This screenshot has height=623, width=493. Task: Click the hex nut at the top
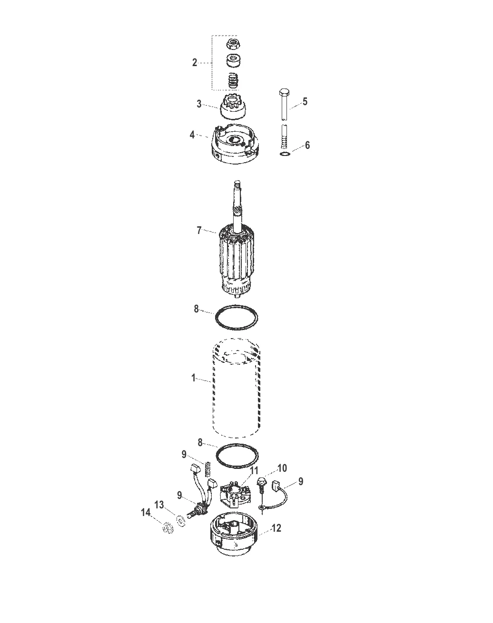tap(234, 44)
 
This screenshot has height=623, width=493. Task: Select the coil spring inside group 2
tap(234, 80)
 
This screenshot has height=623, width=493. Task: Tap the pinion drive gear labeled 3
tap(234, 107)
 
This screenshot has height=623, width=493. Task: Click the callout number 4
tap(192, 135)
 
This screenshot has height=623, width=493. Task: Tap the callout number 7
tap(199, 231)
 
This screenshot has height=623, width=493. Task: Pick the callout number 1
tap(194, 378)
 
